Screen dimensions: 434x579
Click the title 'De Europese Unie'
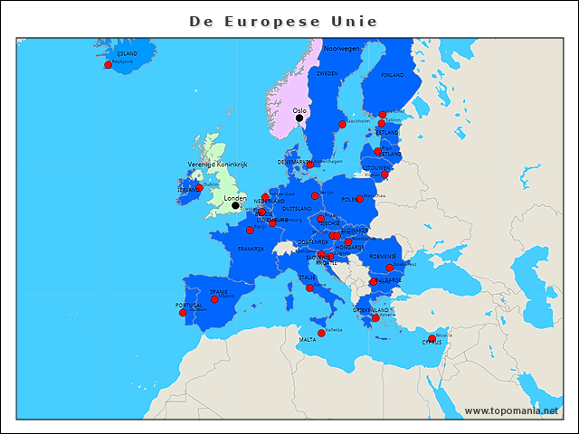coord(283,21)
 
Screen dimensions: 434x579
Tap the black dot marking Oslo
coord(299,118)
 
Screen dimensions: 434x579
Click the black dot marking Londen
coord(235,205)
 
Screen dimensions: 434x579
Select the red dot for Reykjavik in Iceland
coord(108,65)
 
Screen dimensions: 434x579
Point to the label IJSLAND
coord(127,54)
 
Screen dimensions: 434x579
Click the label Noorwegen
coord(342,48)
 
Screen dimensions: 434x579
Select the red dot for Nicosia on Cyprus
coord(432,339)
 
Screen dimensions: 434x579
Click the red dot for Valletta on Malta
coord(321,333)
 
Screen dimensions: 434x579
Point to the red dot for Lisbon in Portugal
coord(183,313)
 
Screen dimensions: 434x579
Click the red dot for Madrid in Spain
coord(214,299)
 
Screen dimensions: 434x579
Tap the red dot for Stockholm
coord(342,124)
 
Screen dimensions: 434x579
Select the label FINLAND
coord(392,75)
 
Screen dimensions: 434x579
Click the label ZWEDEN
coord(327,73)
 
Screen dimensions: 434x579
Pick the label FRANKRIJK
coord(251,249)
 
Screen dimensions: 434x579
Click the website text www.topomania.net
coord(511,410)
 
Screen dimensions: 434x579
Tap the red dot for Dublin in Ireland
coord(199,188)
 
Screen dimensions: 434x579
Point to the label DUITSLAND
coord(297,209)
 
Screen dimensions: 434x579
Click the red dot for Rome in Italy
coord(309,288)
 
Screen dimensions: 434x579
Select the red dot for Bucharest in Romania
coord(390,268)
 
